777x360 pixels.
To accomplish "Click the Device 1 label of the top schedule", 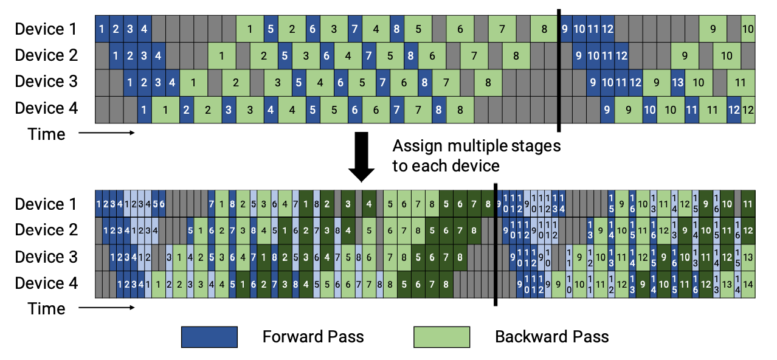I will [47, 29].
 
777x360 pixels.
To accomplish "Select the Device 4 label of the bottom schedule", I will [47, 283].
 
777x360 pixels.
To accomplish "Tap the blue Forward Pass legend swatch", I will [209, 337].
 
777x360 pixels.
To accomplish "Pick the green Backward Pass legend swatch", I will [441, 337].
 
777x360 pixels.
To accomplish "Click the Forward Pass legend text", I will [313, 337].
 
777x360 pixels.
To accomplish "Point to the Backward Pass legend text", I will [551, 337].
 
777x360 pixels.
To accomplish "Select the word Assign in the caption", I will [415, 147].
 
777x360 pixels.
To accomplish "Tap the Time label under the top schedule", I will [46, 134].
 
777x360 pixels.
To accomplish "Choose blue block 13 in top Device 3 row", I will [677, 82].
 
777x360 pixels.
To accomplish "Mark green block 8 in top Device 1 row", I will [544, 29].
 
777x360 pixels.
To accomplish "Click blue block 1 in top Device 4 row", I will [144, 110].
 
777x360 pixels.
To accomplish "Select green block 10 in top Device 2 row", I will [727, 56].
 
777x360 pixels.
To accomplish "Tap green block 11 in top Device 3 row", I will [741, 82].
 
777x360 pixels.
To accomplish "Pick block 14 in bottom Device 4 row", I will [748, 284].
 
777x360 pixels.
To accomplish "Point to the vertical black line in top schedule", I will [559, 67].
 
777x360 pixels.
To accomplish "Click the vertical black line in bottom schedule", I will [496, 243].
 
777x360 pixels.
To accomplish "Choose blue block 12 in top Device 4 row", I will [734, 110].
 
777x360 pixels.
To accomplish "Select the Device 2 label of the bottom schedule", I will [47, 230].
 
